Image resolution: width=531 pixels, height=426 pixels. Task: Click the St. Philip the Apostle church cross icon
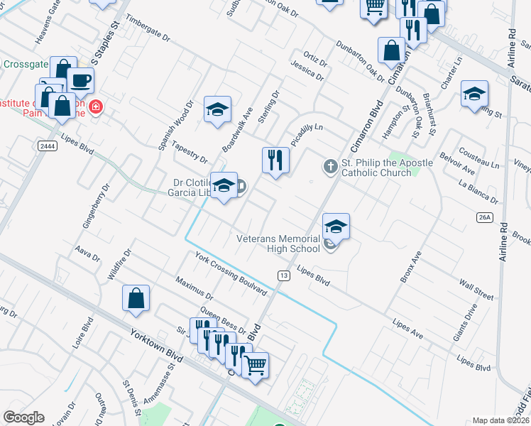[329, 166]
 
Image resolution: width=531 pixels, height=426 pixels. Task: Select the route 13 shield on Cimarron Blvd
[283, 275]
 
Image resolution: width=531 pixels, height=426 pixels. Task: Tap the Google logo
[23, 417]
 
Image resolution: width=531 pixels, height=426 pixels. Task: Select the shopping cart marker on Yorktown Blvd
[255, 365]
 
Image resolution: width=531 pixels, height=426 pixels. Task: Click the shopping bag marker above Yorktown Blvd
[136, 298]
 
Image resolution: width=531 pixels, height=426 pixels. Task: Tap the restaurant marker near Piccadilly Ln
[275, 160]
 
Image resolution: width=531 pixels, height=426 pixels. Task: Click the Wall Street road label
[476, 290]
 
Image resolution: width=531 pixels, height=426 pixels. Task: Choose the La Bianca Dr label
[478, 192]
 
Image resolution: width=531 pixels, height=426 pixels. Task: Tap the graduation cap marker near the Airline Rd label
[474, 94]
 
